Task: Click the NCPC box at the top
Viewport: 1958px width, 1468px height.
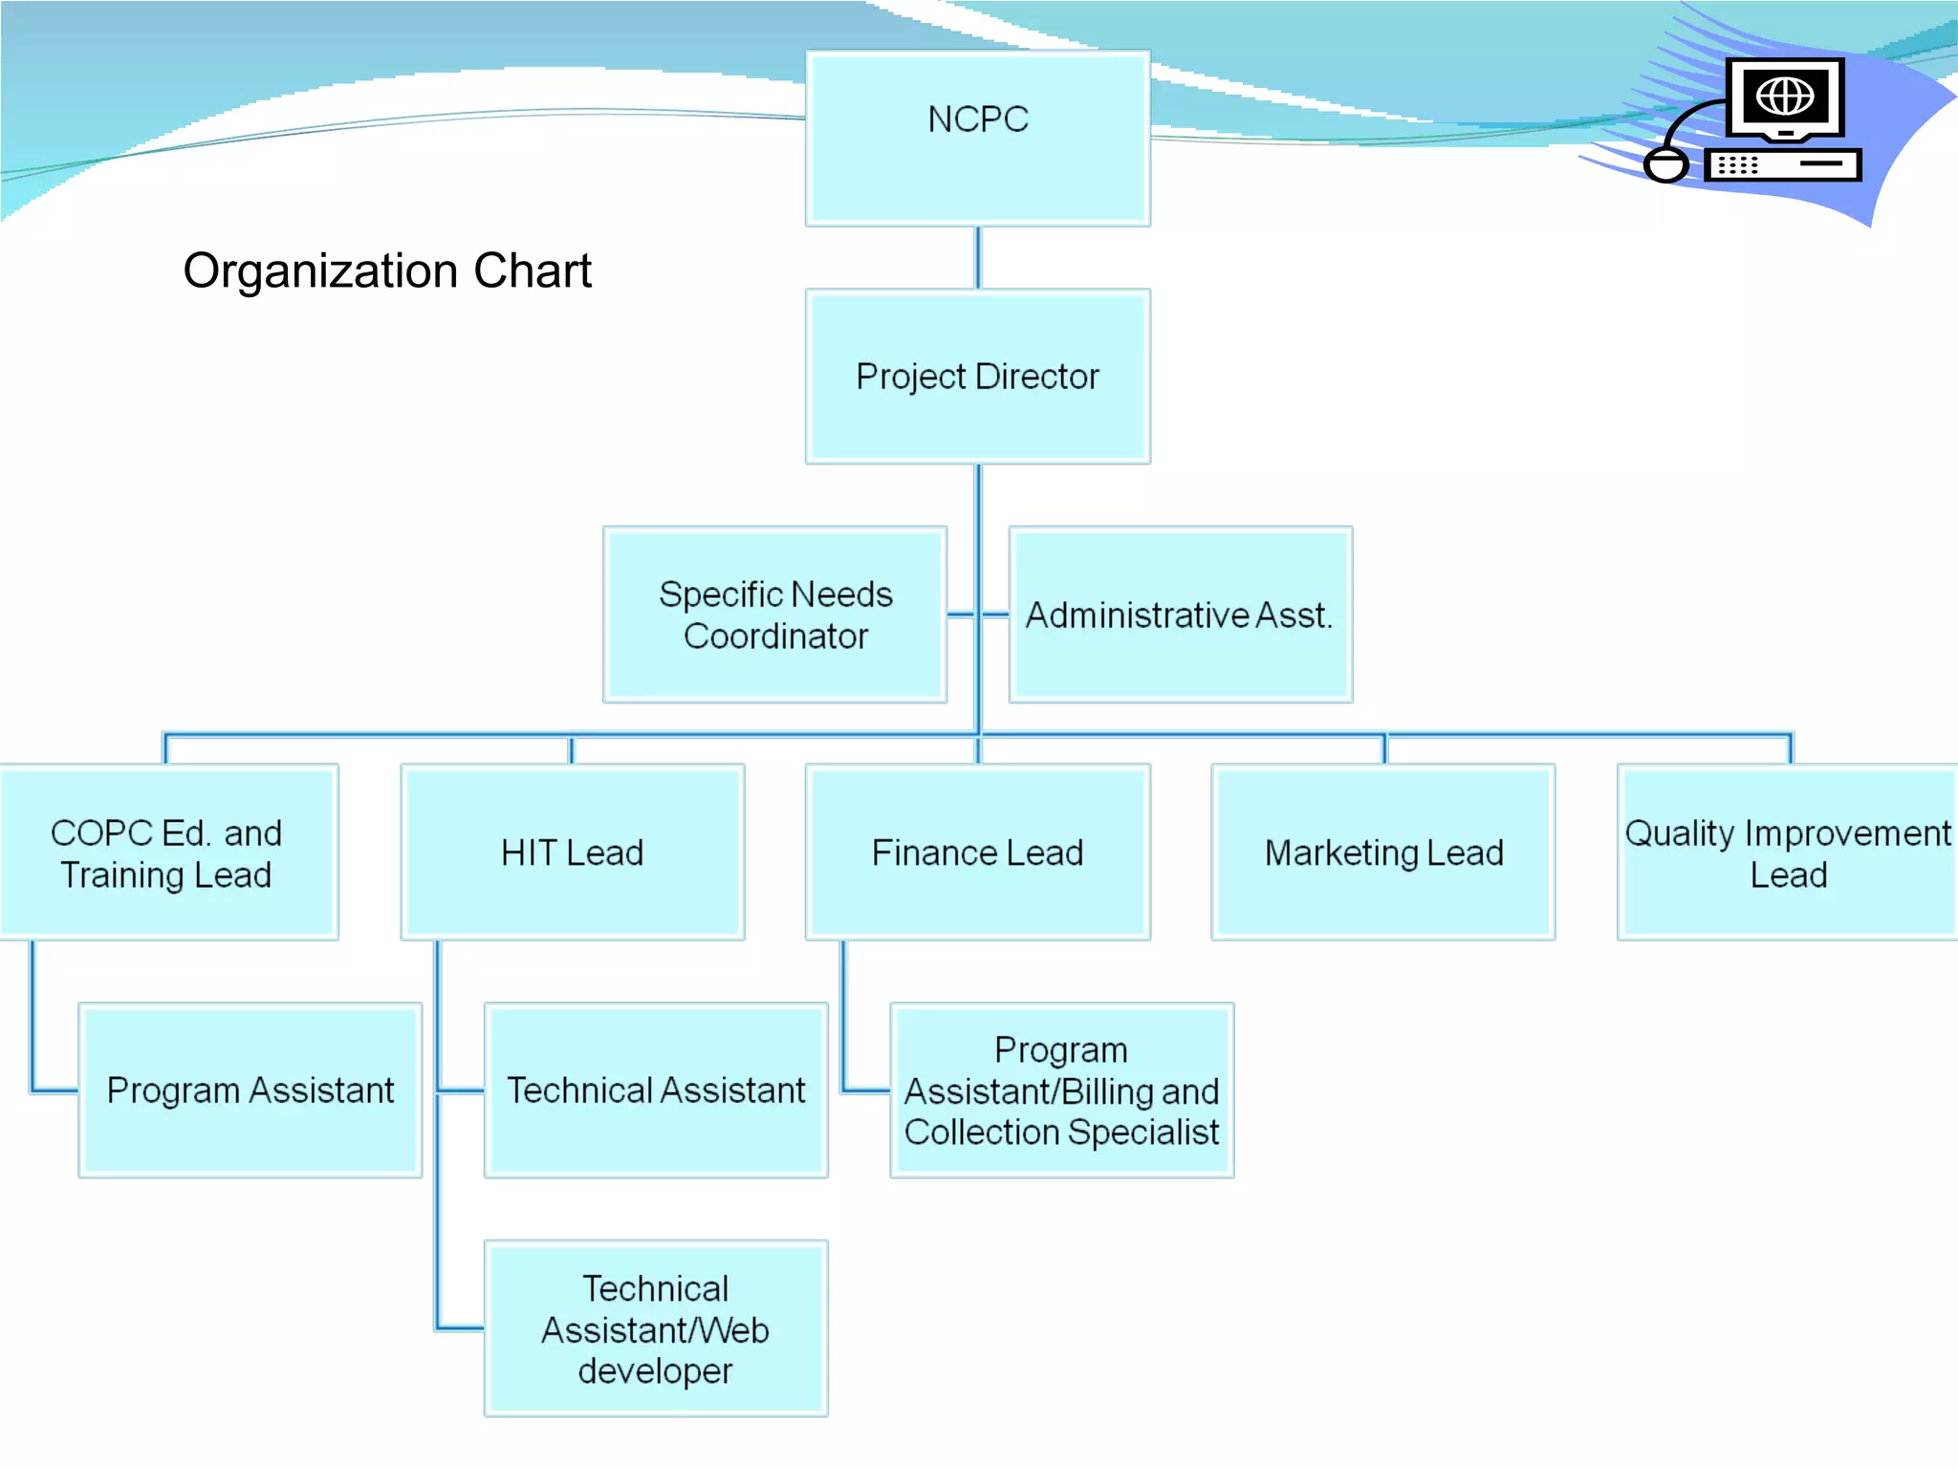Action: tap(977, 139)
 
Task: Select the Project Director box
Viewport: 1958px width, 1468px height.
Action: tap(977, 377)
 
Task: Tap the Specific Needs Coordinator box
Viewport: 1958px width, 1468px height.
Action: tap(774, 615)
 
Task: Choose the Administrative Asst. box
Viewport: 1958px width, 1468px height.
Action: tap(1180, 615)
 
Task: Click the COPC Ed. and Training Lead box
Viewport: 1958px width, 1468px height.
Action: tap(167, 853)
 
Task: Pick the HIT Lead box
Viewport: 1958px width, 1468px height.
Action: tap(572, 853)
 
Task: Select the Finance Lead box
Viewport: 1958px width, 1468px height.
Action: tap(977, 853)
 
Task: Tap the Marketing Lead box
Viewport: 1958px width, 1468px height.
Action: tap(1382, 853)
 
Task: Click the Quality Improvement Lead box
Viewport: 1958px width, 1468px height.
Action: tap(1787, 853)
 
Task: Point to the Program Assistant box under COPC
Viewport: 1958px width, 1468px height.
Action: tap(250, 1090)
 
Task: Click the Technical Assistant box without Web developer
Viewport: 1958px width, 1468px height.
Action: tap(656, 1090)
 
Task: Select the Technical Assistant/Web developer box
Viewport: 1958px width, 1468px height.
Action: tap(656, 1328)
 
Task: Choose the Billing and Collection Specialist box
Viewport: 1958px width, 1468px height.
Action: tap(1061, 1090)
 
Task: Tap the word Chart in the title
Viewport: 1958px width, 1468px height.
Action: tap(533, 271)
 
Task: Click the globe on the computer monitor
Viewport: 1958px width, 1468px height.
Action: tap(1784, 96)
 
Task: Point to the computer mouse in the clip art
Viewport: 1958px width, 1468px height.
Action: tap(1666, 164)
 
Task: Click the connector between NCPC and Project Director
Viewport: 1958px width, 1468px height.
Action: tap(977, 257)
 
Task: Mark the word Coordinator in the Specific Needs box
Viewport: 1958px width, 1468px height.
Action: tap(775, 637)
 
